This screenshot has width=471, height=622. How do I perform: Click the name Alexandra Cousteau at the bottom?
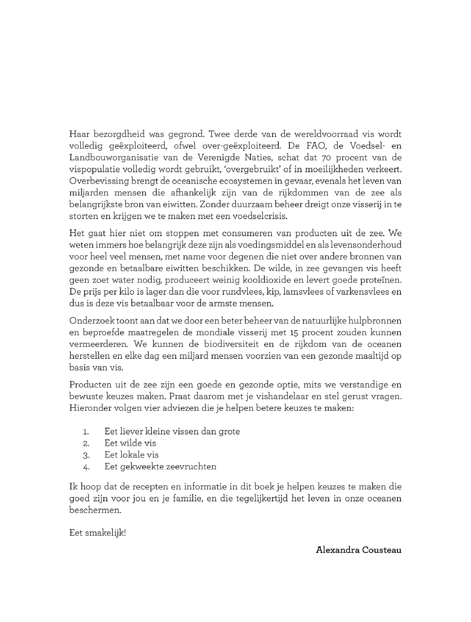pos(359,550)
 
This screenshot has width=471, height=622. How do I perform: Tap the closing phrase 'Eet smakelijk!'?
pos(97,532)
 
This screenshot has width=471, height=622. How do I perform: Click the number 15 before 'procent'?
pos(292,333)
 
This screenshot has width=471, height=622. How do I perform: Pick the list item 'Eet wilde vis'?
pos(130,443)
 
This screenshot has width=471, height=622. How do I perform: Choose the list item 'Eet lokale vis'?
pos(131,455)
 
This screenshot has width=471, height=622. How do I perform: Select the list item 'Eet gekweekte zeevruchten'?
pos(160,466)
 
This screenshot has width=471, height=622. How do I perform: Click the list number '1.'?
pos(86,432)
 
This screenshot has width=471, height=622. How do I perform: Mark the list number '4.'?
pos(86,467)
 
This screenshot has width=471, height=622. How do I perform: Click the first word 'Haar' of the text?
pos(79,134)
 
